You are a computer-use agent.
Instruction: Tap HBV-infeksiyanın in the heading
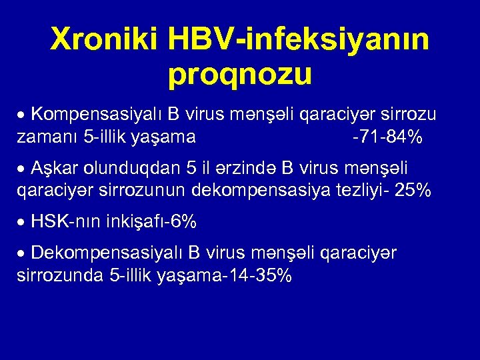299,42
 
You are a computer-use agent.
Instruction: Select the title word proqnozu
240,75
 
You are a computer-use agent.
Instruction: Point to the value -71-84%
387,137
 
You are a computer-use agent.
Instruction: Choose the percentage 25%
413,191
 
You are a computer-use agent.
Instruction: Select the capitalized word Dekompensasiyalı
107,253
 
